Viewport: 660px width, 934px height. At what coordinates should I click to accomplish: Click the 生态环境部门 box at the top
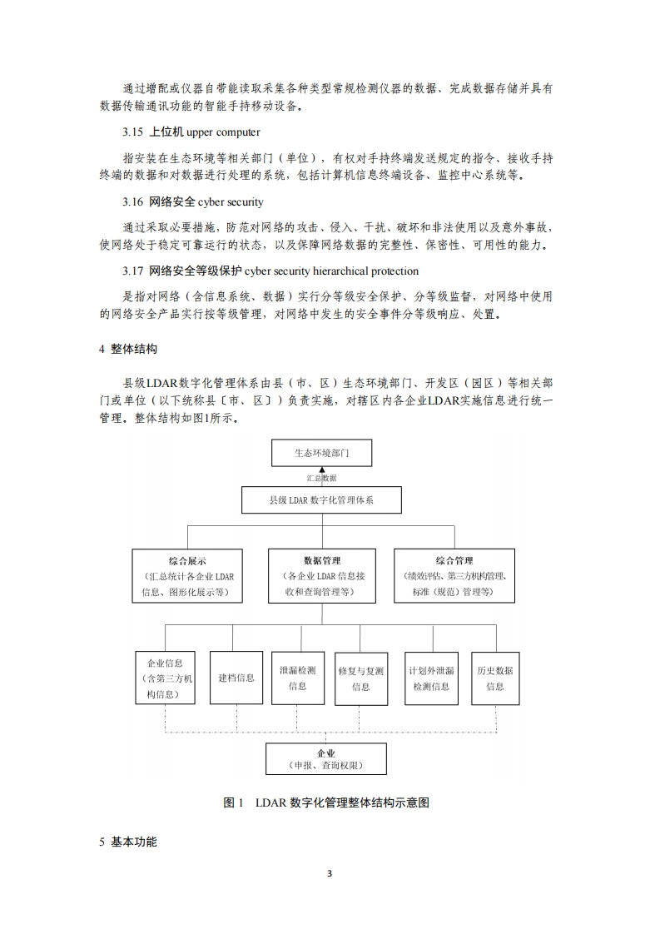tap(322, 453)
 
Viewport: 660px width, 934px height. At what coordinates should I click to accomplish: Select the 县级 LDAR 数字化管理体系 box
tap(322, 500)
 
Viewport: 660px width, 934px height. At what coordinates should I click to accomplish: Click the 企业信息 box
tap(166, 678)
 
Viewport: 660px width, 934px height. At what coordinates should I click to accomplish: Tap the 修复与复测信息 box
tap(361, 678)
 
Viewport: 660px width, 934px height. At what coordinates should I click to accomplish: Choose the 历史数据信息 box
tap(494, 678)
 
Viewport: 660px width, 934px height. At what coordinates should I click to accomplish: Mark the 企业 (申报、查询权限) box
tap(326, 758)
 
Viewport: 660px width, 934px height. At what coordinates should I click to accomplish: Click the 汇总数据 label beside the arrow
tap(322, 479)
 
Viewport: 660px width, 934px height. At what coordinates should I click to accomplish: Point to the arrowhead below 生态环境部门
tap(322, 470)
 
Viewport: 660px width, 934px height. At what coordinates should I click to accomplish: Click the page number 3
tap(330, 873)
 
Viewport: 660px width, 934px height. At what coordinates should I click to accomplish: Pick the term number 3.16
tap(133, 201)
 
